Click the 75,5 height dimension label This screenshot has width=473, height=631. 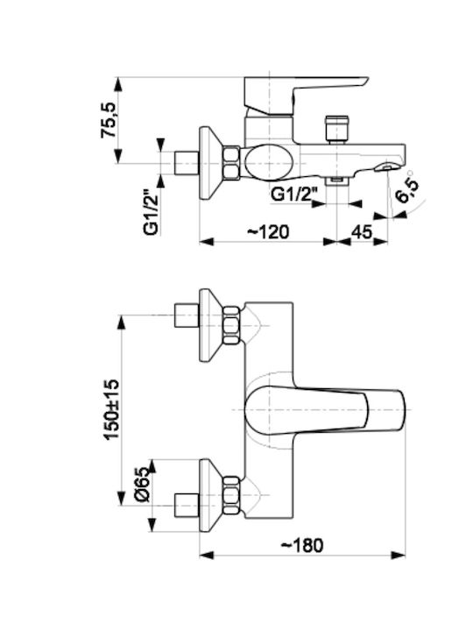109,120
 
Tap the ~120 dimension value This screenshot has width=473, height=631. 268,231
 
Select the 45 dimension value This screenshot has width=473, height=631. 362,232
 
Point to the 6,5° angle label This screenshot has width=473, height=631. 408,190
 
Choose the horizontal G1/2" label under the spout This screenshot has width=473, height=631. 293,195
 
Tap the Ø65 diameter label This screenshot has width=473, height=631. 143,484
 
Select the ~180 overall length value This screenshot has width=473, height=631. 301,545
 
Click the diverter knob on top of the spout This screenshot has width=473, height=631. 337,129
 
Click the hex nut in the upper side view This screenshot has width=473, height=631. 231,163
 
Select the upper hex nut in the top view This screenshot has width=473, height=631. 231,325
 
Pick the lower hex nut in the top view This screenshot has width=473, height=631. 231,495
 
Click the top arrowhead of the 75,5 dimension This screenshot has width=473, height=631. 118,84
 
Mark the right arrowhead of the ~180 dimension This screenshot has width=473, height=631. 399,556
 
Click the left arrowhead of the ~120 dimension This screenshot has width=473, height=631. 207,242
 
